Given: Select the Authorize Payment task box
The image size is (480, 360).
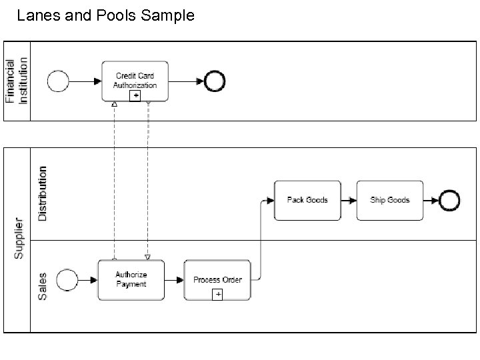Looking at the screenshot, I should [x=131, y=279].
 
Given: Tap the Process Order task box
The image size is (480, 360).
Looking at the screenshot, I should [x=217, y=279].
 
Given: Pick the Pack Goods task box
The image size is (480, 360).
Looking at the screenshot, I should [x=307, y=200].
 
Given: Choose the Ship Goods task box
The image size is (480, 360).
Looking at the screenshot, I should [x=390, y=200].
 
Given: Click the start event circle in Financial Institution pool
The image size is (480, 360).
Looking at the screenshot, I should [x=59, y=81].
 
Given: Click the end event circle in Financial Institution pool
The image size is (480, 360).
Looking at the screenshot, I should [x=215, y=81].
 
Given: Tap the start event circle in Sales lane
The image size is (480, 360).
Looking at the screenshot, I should [x=67, y=280].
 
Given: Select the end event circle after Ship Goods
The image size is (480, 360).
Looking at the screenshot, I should [x=449, y=200].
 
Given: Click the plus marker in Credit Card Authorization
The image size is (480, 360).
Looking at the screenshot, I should [x=135, y=96].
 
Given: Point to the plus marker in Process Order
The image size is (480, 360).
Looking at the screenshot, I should [x=217, y=295].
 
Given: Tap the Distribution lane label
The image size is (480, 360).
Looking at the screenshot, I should [x=43, y=193].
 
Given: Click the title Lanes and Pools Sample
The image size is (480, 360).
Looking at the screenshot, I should [x=105, y=15].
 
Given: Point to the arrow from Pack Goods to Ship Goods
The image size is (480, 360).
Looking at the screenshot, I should [x=349, y=200].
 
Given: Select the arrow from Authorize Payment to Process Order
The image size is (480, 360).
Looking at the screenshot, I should [x=174, y=280].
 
